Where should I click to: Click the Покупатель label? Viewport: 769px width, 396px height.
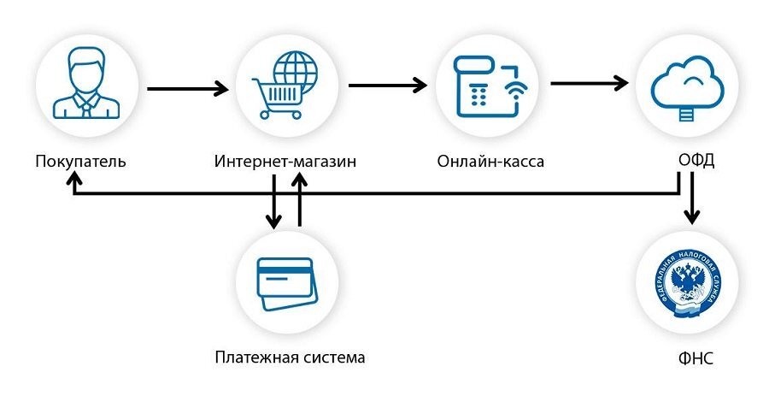click(x=81, y=161)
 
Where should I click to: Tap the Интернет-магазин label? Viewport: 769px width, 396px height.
click(x=285, y=161)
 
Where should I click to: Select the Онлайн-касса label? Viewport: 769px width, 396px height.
click(x=490, y=161)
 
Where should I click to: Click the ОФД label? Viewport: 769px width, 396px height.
click(x=690, y=161)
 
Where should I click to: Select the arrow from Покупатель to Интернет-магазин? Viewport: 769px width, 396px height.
click(x=188, y=88)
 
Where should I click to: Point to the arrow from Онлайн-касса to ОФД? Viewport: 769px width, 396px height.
click(x=589, y=84)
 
